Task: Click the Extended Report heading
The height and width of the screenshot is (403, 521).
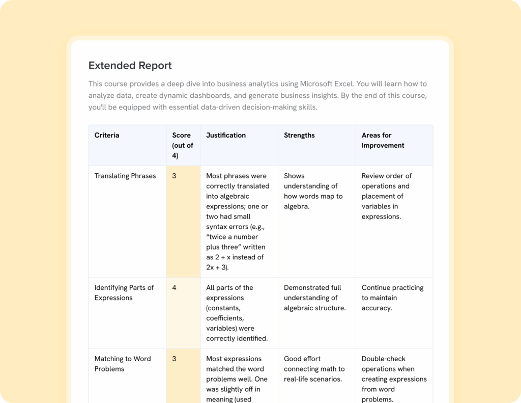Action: pos(130,66)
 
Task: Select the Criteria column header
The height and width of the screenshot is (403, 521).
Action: pos(107,136)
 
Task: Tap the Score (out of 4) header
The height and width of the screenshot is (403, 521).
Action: pos(183,145)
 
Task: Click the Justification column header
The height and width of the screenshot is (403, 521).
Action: pos(226,136)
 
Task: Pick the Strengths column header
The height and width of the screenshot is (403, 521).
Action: pos(299,136)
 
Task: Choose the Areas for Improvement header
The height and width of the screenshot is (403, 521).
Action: pos(383,140)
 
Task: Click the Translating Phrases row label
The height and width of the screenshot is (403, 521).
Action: pos(125,176)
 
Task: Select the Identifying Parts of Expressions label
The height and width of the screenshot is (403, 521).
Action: pos(124,293)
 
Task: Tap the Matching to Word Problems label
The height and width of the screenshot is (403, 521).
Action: pos(123,364)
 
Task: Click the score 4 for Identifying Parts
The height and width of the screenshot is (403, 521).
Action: pos(174,288)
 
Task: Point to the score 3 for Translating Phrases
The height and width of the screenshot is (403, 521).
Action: pos(174,176)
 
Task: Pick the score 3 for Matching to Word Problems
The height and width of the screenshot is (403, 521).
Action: pos(174,359)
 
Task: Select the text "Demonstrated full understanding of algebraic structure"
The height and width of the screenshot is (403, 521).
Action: pos(314,298)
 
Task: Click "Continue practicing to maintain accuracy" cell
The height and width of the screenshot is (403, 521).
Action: pos(392,298)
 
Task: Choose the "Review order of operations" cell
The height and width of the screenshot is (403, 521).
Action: pos(387,196)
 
